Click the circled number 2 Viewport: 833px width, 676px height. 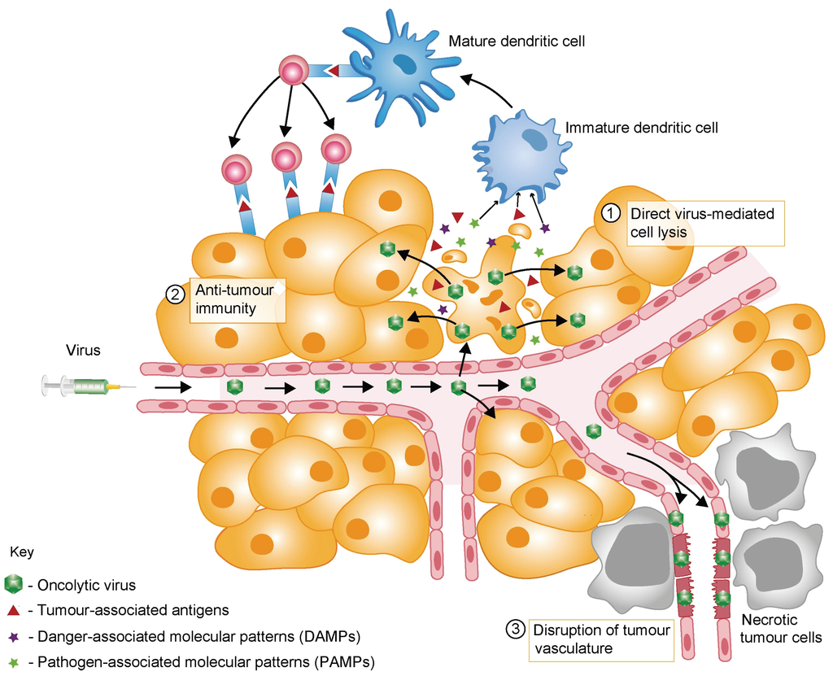[174, 294]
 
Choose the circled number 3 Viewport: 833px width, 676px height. [515, 629]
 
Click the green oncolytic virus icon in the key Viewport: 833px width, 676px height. [14, 584]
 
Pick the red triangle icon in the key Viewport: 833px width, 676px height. [13, 609]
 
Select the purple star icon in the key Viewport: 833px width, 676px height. [13, 635]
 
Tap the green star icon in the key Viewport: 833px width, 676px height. [13, 660]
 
